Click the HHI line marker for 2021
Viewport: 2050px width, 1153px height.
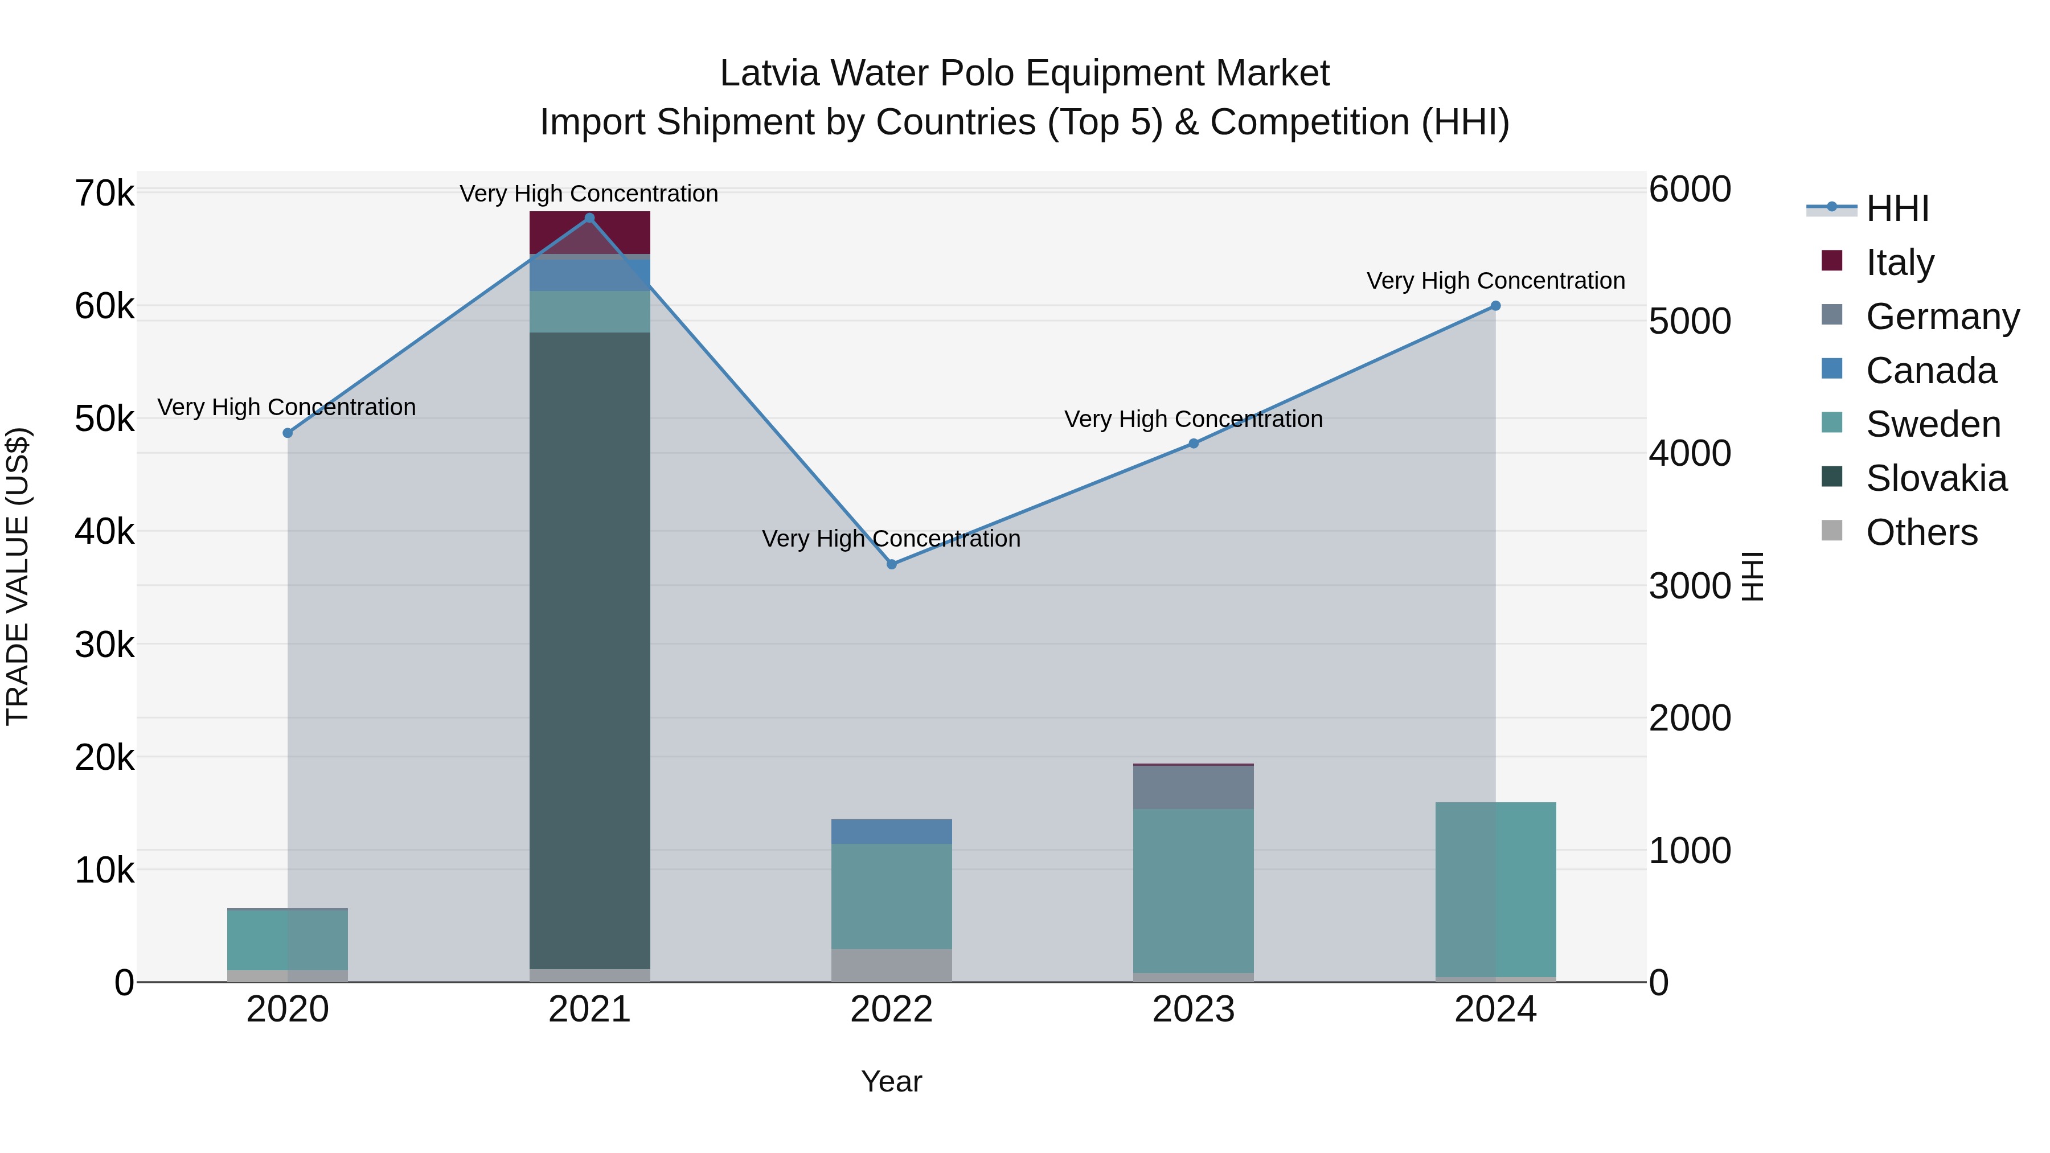click(x=590, y=218)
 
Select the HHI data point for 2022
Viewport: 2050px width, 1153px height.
click(x=891, y=564)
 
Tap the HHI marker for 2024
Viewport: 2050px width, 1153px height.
click(x=1495, y=306)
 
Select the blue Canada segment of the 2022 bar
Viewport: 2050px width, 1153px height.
click(x=891, y=831)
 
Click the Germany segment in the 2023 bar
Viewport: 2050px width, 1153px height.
click(x=1193, y=787)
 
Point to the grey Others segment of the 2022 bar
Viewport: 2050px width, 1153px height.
click(x=891, y=965)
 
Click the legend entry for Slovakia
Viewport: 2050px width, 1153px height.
click(x=1936, y=478)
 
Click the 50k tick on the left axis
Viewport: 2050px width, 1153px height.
click(x=105, y=418)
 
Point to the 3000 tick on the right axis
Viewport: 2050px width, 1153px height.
click(x=1689, y=586)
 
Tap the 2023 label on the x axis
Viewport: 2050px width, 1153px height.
click(x=1193, y=1010)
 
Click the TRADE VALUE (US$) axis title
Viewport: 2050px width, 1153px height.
click(x=18, y=576)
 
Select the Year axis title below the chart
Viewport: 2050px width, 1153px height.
click(x=891, y=1081)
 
